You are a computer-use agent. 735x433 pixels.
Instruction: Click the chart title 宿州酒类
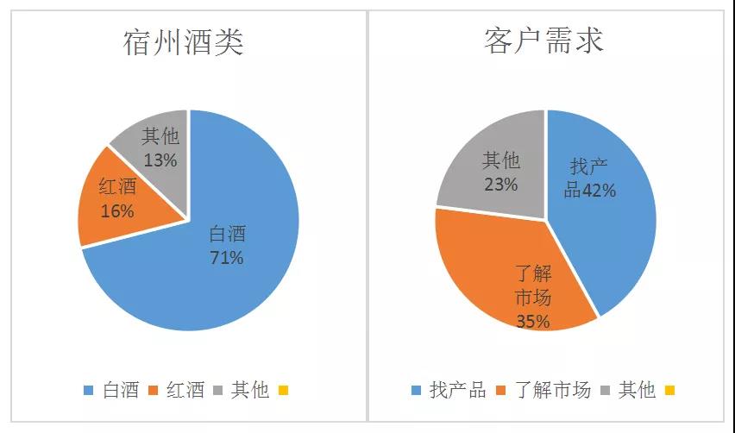pyautogui.click(x=184, y=41)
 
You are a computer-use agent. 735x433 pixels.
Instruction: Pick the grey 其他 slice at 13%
pyautogui.click(x=155, y=142)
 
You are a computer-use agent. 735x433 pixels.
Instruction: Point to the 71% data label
pyautogui.click(x=227, y=257)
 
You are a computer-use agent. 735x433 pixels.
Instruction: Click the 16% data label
pyautogui.click(x=116, y=210)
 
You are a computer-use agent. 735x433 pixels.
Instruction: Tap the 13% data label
pyautogui.click(x=160, y=160)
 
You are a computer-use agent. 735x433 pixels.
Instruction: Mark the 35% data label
pyautogui.click(x=533, y=322)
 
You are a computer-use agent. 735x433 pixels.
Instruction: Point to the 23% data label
pyautogui.click(x=500, y=184)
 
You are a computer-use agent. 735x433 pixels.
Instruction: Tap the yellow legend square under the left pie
pyautogui.click(x=283, y=391)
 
